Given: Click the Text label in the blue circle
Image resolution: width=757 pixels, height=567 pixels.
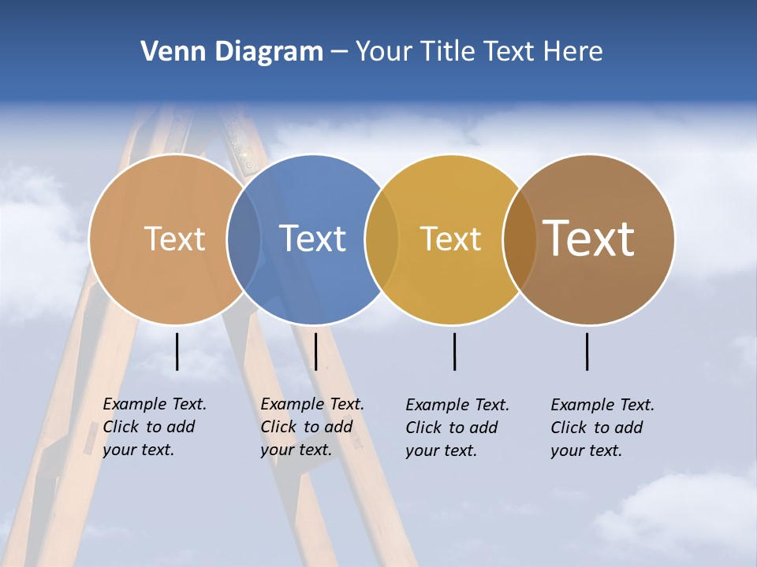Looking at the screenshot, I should coord(313,239).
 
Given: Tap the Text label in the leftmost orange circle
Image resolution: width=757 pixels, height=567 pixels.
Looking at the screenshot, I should coord(174,239).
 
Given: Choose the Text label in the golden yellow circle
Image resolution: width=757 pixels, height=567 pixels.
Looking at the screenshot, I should coord(450,239).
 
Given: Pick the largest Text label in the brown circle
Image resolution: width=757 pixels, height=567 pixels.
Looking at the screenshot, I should coord(588,238).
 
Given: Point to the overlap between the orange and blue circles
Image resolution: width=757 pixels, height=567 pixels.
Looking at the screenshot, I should coord(244,239).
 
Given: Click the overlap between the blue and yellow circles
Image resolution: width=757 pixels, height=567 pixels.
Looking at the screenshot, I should coord(382,239).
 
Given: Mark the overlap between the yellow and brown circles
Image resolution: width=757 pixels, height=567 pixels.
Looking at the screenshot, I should coord(519,239).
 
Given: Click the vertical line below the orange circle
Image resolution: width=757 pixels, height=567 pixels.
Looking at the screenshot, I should coord(177,351).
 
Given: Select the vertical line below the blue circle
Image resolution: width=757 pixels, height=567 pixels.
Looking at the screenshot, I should coord(315,351).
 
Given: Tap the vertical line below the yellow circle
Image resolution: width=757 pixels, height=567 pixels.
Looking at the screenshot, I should coord(455,351).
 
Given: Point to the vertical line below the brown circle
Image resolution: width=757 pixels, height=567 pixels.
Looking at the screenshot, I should coord(587,351).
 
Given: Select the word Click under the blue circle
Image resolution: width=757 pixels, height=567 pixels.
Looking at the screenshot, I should coord(278,427).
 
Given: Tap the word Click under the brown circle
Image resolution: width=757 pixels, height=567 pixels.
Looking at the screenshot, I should coord(568,428).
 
